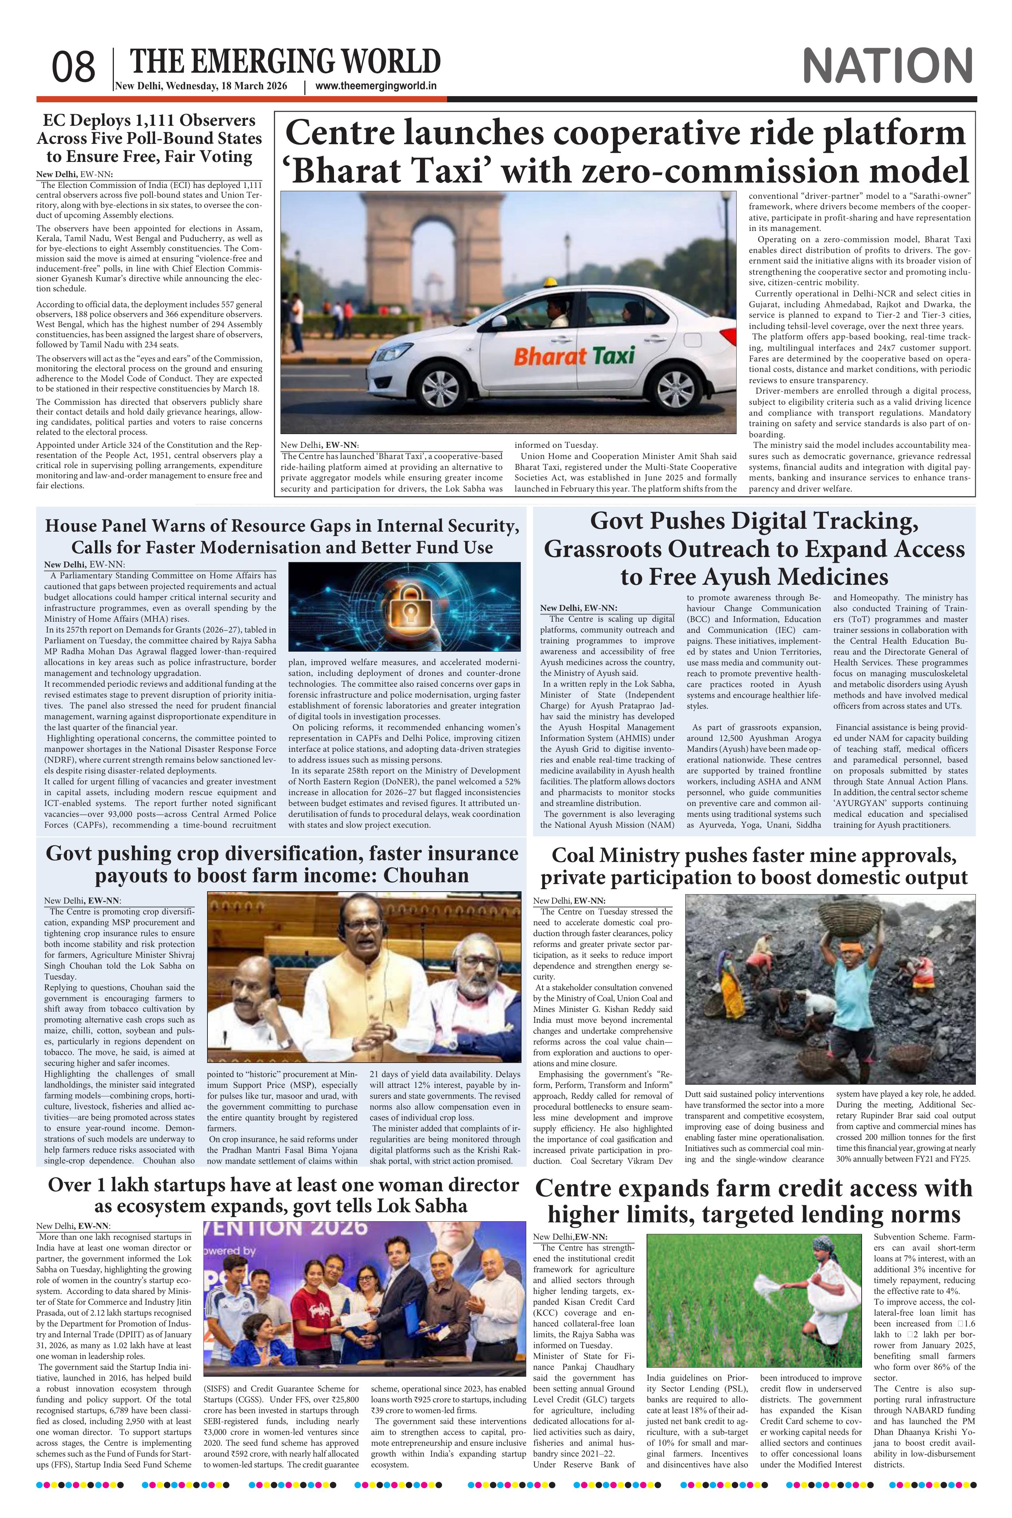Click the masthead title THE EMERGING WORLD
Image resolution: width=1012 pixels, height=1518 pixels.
click(x=285, y=62)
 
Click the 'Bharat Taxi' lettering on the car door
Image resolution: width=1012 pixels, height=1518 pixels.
click(x=574, y=356)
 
